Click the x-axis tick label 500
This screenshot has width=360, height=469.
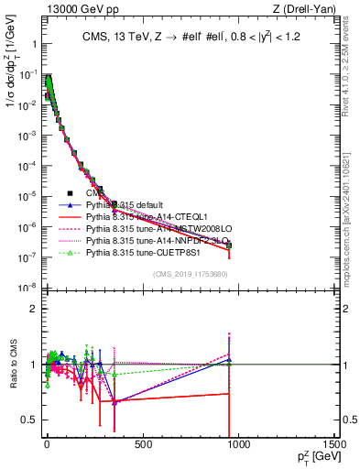(x=143, y=444)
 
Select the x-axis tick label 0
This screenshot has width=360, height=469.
(x=47, y=444)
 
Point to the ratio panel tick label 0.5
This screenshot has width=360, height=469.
(x=30, y=420)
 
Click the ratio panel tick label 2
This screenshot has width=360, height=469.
(x=34, y=309)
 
